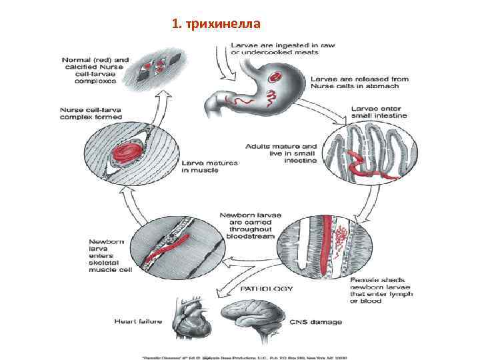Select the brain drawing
[x=252, y=321]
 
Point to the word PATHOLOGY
[x=266, y=289]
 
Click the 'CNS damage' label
[x=316, y=322]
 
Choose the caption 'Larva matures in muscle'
[x=209, y=167]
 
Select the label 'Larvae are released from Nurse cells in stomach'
[x=355, y=82]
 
